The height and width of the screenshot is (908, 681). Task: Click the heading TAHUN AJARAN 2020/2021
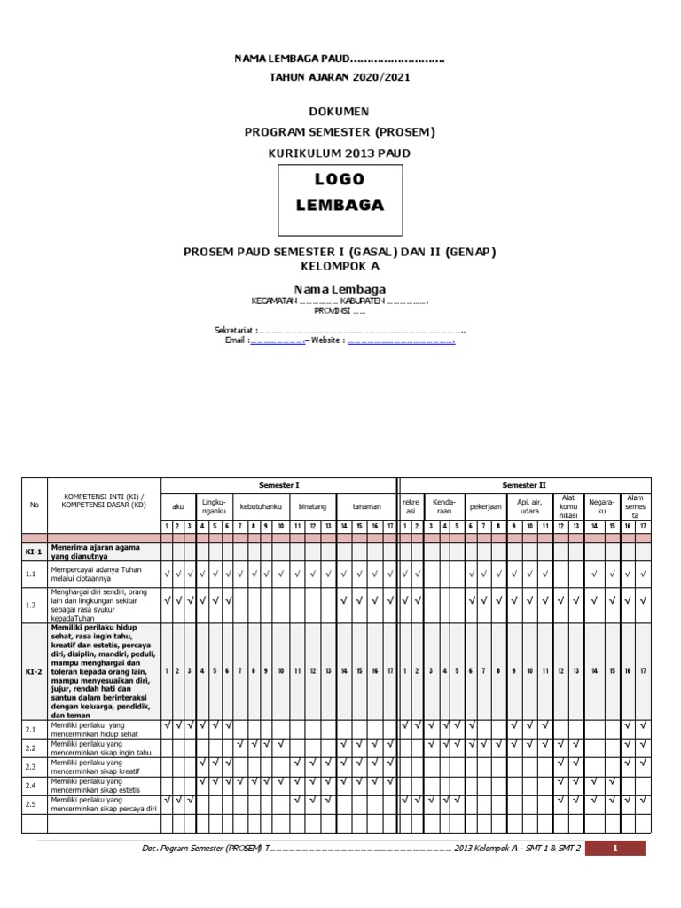pyautogui.click(x=340, y=77)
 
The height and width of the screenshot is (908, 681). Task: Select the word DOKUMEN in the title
pyautogui.click(x=340, y=112)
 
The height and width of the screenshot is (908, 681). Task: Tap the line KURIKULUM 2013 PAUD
pyautogui.click(x=340, y=153)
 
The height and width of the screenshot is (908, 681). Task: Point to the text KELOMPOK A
pyautogui.click(x=340, y=266)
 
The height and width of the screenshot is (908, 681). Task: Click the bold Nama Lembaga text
pyautogui.click(x=340, y=288)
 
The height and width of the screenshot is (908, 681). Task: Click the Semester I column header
pyautogui.click(x=278, y=485)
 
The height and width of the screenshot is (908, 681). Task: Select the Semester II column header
pyautogui.click(x=524, y=485)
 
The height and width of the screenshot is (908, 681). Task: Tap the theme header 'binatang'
pyautogui.click(x=312, y=506)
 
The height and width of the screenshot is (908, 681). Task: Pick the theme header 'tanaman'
pyautogui.click(x=366, y=506)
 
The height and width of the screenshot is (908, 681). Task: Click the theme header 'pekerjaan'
pyautogui.click(x=486, y=506)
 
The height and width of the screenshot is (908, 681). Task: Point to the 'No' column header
pyautogui.click(x=35, y=505)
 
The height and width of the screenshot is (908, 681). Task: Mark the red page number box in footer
pyautogui.click(x=615, y=849)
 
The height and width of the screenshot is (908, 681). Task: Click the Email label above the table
pyautogui.click(x=237, y=340)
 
